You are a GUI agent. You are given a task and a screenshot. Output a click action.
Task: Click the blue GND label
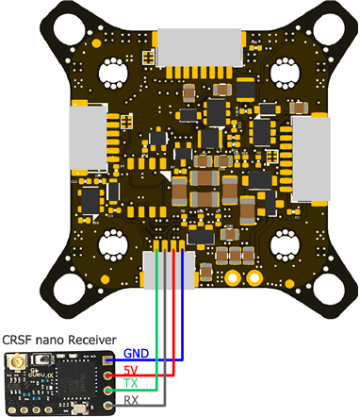(x=136, y=353)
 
